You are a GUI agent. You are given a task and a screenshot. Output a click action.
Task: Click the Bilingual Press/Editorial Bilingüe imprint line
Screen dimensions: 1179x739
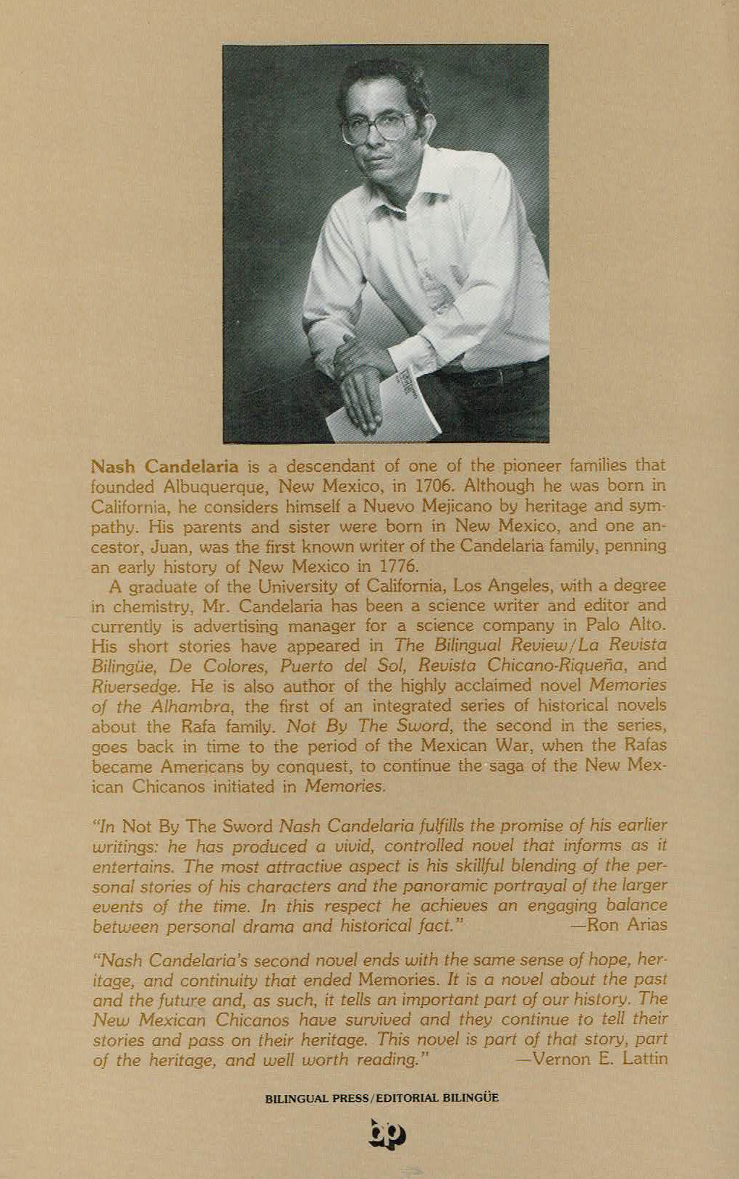tap(382, 1097)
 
